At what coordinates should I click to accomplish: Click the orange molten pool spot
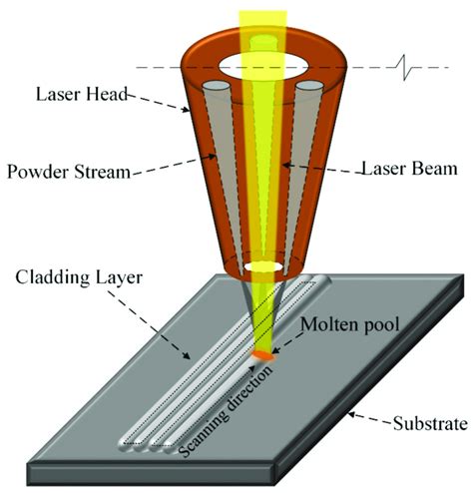263,352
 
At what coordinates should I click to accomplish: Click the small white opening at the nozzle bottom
264,268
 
